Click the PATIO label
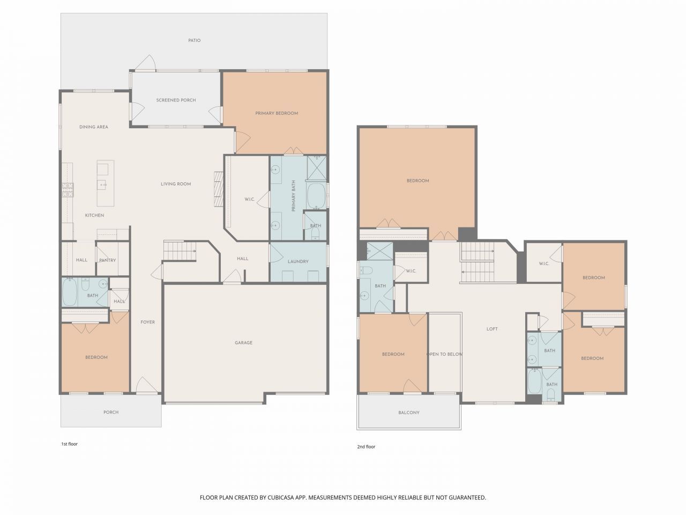click(x=194, y=40)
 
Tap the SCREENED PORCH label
click(x=176, y=100)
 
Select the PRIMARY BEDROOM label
click(x=277, y=113)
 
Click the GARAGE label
click(x=243, y=343)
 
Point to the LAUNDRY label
click(x=298, y=262)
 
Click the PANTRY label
click(x=107, y=260)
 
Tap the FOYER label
click(x=148, y=322)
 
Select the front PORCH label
click(x=111, y=412)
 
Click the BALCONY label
click(x=409, y=413)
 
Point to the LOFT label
click(x=492, y=329)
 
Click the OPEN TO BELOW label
click(x=444, y=354)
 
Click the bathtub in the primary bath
click(x=316, y=196)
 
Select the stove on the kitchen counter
click(x=68, y=190)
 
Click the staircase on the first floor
click(x=180, y=251)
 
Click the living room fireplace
click(x=218, y=188)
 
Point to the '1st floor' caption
click(x=69, y=444)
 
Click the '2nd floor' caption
click(x=366, y=446)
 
